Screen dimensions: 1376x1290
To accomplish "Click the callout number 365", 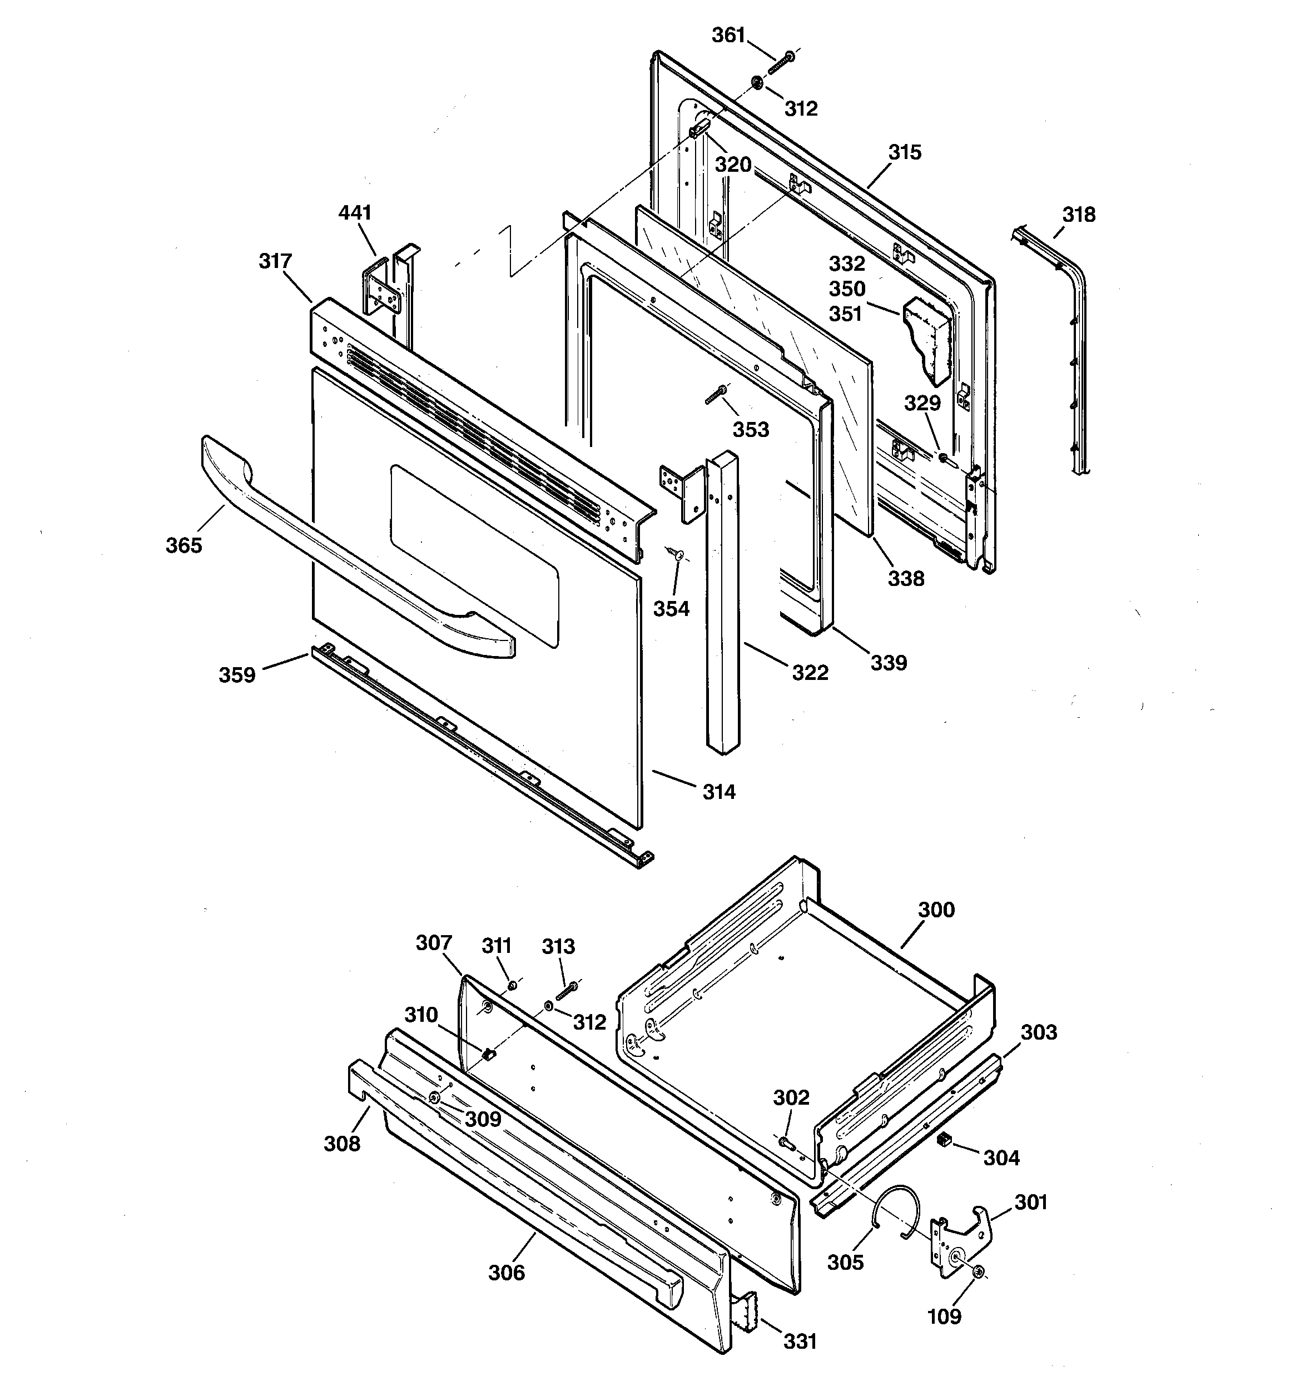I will tap(183, 545).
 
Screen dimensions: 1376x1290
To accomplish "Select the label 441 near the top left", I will tap(355, 212).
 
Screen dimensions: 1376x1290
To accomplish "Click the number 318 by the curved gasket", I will tap(1079, 215).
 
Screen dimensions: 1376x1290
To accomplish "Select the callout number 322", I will tap(810, 672).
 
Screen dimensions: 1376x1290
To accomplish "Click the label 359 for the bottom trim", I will tap(237, 675).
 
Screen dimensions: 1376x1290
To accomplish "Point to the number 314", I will tap(719, 791).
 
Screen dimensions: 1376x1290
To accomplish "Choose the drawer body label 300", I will tap(936, 910).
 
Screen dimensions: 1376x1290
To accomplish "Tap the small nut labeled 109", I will tap(979, 1272).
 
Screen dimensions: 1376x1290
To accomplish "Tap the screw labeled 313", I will tap(567, 992).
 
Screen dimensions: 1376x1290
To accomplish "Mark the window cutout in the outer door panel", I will tap(474, 554).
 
